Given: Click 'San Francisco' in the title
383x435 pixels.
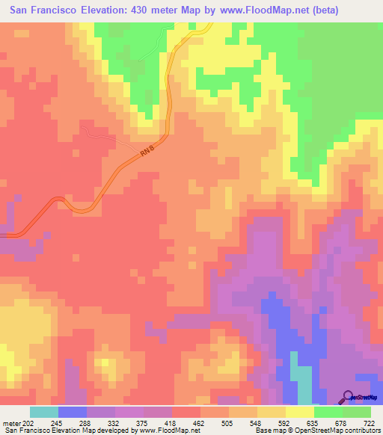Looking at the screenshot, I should coord(45,10).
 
